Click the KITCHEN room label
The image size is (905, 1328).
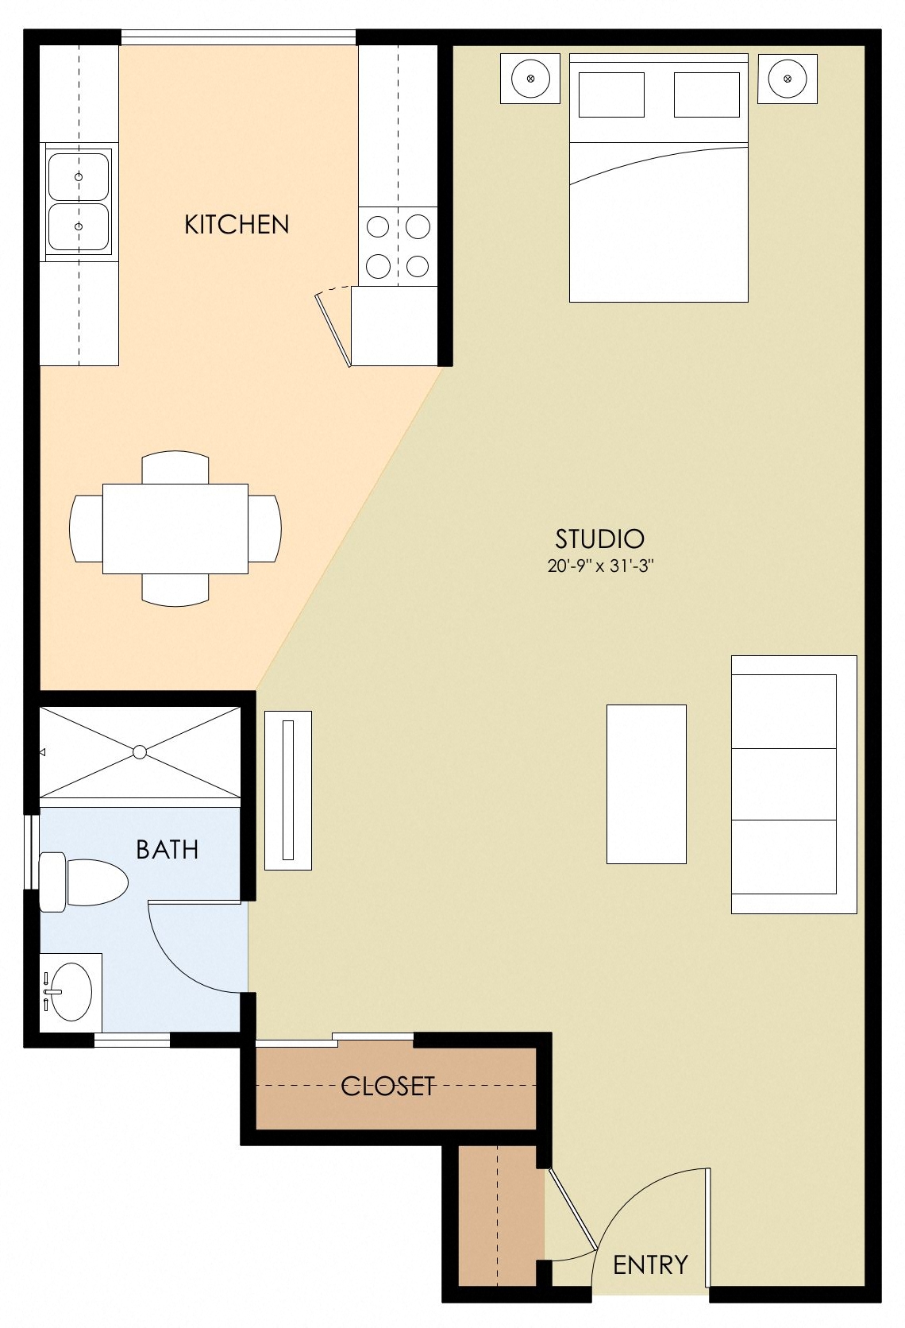click(237, 225)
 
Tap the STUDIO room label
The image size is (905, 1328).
click(599, 539)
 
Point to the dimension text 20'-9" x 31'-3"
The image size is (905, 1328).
click(599, 566)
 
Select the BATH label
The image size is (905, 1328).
click(167, 850)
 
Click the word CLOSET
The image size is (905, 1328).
click(387, 1086)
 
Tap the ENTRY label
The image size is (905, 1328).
click(650, 1264)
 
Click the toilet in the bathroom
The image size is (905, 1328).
click(87, 882)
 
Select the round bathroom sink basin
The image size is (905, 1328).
click(71, 991)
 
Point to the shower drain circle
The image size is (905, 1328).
click(140, 751)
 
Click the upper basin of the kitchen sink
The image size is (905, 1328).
click(79, 176)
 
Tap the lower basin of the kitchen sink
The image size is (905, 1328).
click(79, 226)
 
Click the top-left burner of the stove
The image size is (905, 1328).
click(378, 227)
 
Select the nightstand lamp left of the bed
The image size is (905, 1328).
click(530, 79)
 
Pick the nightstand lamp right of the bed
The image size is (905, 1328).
click(787, 79)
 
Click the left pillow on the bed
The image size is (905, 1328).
click(611, 95)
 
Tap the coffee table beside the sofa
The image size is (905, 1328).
click(646, 784)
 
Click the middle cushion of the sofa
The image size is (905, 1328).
click(784, 784)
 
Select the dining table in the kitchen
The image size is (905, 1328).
click(175, 528)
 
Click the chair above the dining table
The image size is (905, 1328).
click(175, 467)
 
